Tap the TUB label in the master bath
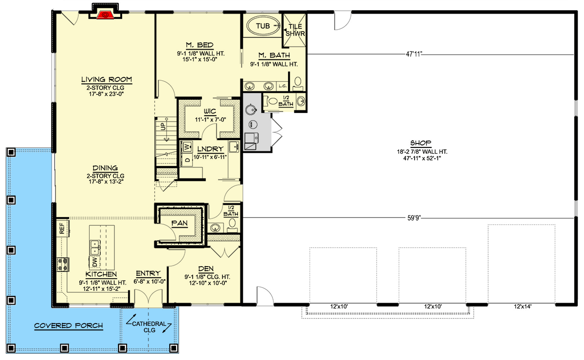[262, 26]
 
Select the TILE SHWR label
[295, 30]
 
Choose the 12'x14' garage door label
[521, 306]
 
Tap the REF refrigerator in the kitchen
[62, 229]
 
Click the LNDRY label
[210, 149]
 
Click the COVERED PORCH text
[69, 325]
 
